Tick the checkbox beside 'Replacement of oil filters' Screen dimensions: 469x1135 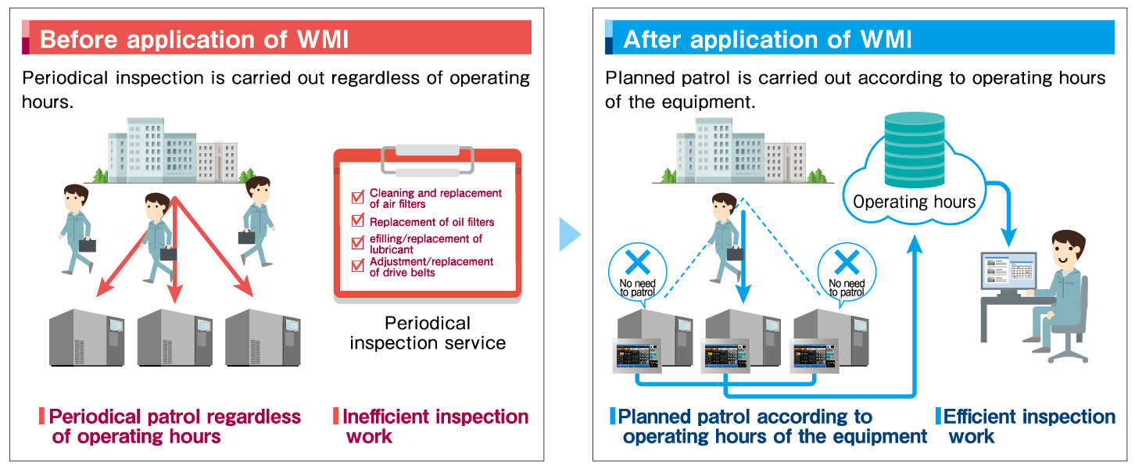click(x=358, y=222)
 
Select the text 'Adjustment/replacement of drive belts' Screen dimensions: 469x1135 click(x=431, y=267)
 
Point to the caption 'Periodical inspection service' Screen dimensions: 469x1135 click(x=428, y=333)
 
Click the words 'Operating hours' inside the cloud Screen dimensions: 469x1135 click(x=914, y=202)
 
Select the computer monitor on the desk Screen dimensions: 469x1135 click(x=1008, y=270)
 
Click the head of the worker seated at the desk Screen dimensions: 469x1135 click(x=1066, y=250)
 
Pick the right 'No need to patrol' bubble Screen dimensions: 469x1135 click(x=847, y=270)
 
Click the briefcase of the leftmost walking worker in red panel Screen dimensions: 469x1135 click(x=87, y=245)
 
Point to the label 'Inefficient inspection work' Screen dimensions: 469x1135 click(x=435, y=426)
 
